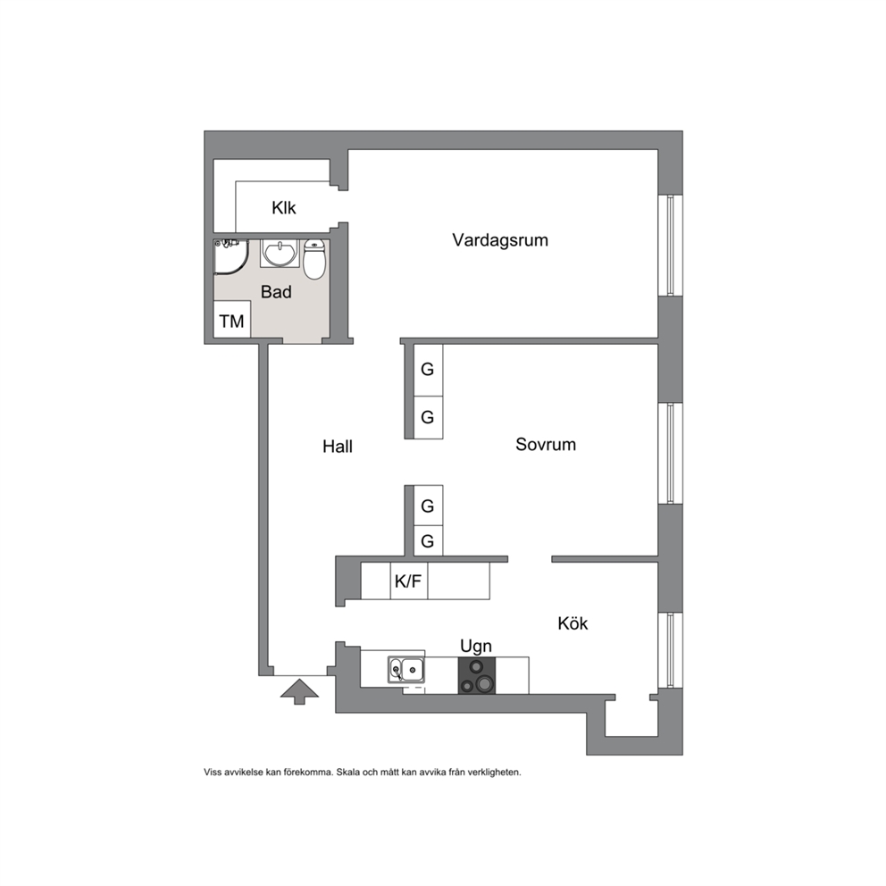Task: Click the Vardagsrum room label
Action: pyautogui.click(x=500, y=240)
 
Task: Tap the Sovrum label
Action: pyautogui.click(x=546, y=444)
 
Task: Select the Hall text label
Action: pyautogui.click(x=338, y=447)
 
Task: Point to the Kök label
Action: pyautogui.click(x=573, y=623)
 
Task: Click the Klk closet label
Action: pyautogui.click(x=284, y=208)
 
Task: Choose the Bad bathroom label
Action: pyautogui.click(x=276, y=292)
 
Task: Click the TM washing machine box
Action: pyautogui.click(x=231, y=321)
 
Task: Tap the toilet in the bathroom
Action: pyautogui.click(x=314, y=259)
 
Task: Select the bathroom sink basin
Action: pyautogui.click(x=280, y=253)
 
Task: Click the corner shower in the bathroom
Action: pyautogui.click(x=230, y=257)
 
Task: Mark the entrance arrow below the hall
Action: pyautogui.click(x=299, y=691)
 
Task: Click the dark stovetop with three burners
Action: pyautogui.click(x=476, y=675)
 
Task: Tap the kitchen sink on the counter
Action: pyautogui.click(x=406, y=670)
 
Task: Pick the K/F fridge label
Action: pyautogui.click(x=408, y=581)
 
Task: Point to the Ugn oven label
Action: pyautogui.click(x=476, y=646)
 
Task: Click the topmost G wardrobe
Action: pyautogui.click(x=428, y=370)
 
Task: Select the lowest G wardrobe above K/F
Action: pyautogui.click(x=428, y=540)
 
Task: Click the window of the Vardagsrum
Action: pyautogui.click(x=671, y=246)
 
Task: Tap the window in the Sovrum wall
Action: pyautogui.click(x=671, y=453)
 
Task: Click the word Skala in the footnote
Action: pyautogui.click(x=347, y=772)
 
